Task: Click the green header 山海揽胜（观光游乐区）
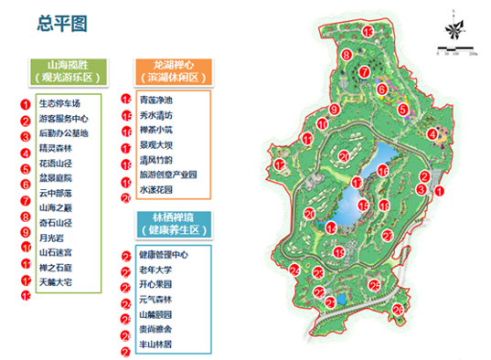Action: coord(70,71)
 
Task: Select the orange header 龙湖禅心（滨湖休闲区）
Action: coord(174,71)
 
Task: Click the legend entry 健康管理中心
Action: coord(164,256)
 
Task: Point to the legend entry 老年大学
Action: coord(155,270)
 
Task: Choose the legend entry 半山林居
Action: coord(155,344)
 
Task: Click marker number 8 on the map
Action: coord(347,57)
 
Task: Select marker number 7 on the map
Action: coord(364,71)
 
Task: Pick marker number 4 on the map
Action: coord(431,134)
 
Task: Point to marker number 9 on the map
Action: coord(335,110)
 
